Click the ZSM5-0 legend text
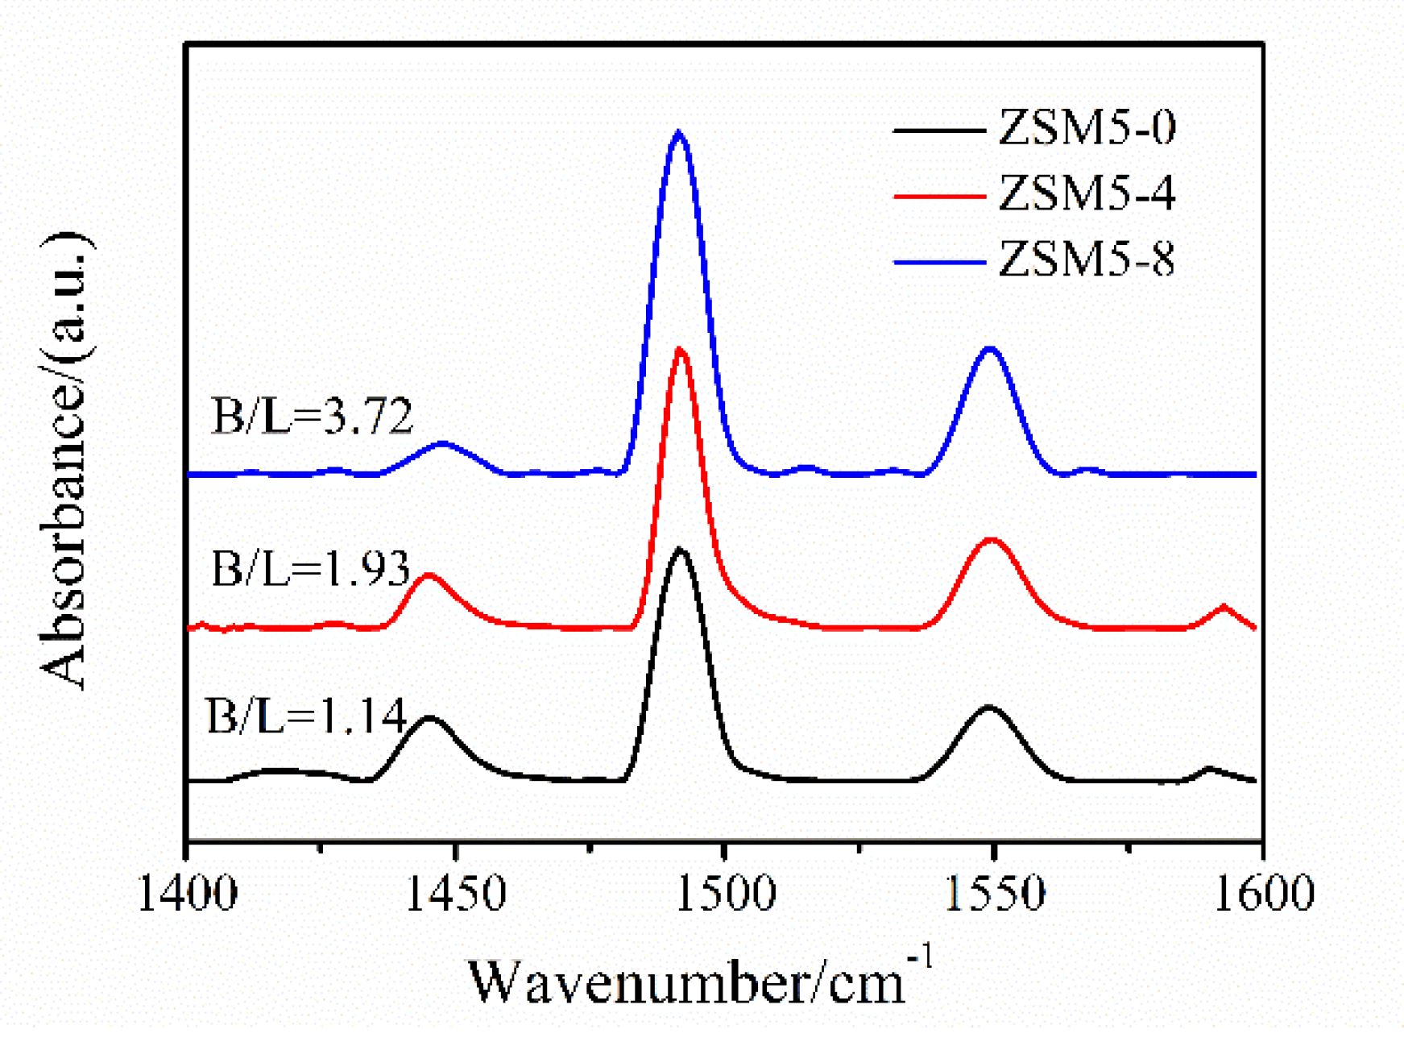[x=1086, y=129]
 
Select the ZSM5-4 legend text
[x=1086, y=194]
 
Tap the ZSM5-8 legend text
[x=1086, y=260]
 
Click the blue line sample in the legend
[x=940, y=262]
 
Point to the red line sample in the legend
[x=940, y=196]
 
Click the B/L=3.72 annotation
[x=312, y=417]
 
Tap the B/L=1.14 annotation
[x=306, y=716]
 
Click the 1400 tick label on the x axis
[x=188, y=894]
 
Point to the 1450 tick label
[x=456, y=894]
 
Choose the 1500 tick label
[x=725, y=894]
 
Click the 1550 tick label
[x=994, y=894]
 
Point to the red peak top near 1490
[x=681, y=349]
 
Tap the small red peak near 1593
[x=1224, y=606]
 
